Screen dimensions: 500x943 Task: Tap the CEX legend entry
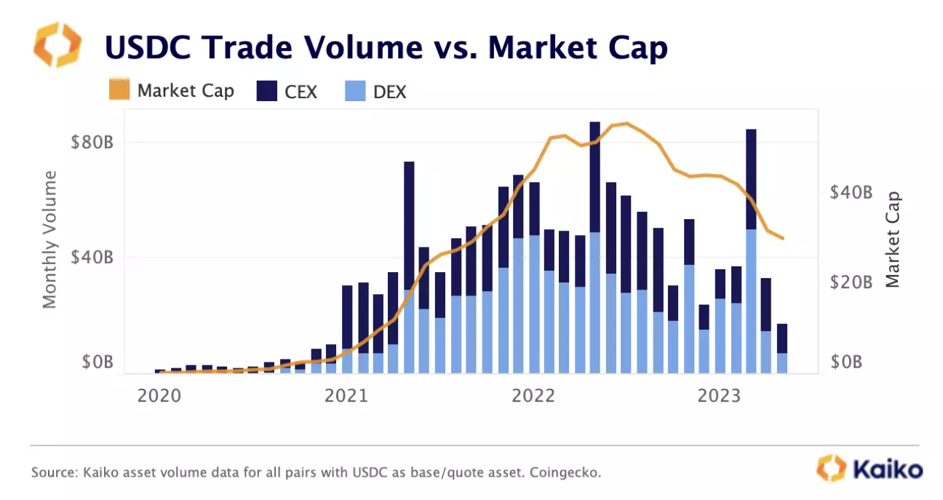tap(287, 92)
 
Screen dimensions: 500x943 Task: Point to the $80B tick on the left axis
tap(92, 142)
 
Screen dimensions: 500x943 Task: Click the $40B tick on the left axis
tap(92, 258)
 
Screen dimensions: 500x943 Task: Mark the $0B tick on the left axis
tap(95, 362)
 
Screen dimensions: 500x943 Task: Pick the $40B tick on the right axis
tap(851, 193)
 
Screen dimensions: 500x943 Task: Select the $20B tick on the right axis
tap(851, 282)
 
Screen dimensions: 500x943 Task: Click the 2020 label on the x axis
tap(159, 396)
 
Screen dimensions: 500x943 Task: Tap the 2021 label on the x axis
tap(346, 396)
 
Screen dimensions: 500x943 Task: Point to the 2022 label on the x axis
tap(533, 396)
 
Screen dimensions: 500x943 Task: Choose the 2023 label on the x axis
tap(720, 396)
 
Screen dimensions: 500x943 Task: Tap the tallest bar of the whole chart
tap(595, 247)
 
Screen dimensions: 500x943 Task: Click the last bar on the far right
tap(782, 349)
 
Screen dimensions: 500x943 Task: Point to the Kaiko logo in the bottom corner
tap(870, 468)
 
